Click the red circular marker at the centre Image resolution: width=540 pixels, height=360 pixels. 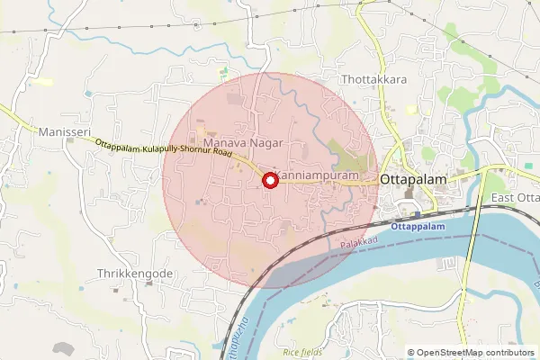tap(269, 180)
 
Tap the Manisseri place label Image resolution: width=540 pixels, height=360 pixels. tap(65, 131)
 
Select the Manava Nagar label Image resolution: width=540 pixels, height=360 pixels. tap(243, 143)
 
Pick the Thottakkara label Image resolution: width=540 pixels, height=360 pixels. tap(375, 79)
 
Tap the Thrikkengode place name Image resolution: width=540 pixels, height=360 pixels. tap(134, 272)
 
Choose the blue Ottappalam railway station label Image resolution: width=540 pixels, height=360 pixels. tap(418, 227)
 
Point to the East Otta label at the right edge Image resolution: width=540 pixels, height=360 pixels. tap(515, 198)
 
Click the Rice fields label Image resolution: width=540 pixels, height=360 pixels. tap(302, 353)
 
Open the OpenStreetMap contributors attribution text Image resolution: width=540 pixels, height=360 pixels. tap(472, 353)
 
